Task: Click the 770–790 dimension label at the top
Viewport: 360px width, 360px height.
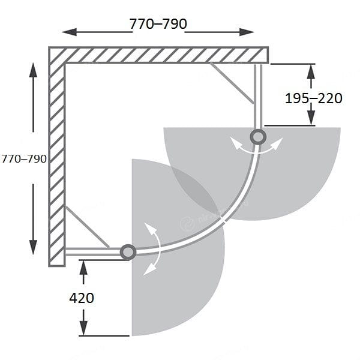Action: tap(158, 23)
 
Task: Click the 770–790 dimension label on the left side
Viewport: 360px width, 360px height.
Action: tap(24, 159)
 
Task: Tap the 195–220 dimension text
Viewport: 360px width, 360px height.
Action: tap(313, 98)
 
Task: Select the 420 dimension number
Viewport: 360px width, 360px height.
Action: tap(82, 298)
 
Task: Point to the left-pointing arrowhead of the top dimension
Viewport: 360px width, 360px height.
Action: tap(70, 32)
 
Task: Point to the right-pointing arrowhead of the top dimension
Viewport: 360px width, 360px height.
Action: tap(247, 32)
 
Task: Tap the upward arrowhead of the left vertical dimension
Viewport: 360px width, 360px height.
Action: tap(33, 70)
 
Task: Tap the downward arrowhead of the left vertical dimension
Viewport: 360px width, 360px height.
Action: tap(33, 247)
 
